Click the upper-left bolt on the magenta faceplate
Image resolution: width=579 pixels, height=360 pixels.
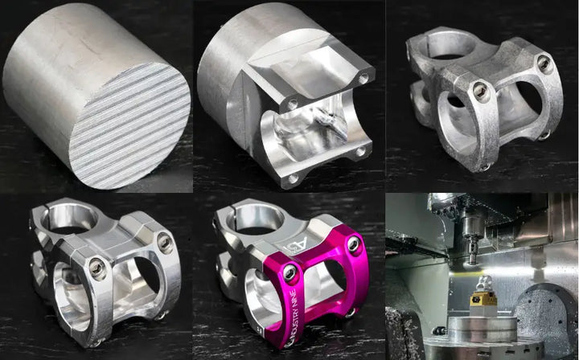click(290, 273)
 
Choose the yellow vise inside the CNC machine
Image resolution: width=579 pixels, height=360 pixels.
click(482, 299)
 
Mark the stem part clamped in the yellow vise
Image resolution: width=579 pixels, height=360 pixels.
click(484, 283)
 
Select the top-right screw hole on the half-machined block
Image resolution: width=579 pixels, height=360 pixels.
click(363, 79)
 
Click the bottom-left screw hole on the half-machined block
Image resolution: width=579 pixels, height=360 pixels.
click(293, 178)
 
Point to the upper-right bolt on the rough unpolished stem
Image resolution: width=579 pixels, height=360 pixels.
click(545, 63)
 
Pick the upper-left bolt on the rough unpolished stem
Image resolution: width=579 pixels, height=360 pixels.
click(481, 90)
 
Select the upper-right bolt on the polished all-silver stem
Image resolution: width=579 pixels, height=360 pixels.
click(165, 241)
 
